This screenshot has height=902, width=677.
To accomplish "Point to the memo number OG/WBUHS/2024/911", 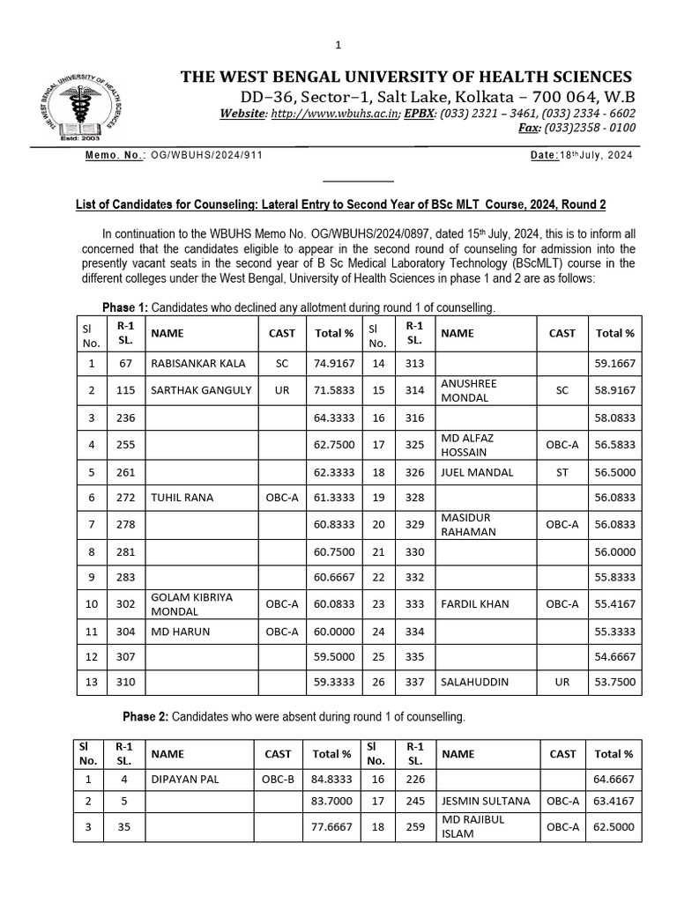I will [207, 154].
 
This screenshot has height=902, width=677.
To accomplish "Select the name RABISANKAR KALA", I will [198, 363].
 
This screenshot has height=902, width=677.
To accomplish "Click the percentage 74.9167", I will [334, 363].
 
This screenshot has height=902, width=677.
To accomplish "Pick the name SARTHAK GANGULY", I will [201, 389].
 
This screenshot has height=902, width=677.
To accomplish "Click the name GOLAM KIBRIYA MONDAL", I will [192, 603].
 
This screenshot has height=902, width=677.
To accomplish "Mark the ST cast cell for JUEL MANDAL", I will [562, 472].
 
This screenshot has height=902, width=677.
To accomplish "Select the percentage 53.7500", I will [614, 681].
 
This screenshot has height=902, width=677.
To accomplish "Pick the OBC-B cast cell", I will [278, 779].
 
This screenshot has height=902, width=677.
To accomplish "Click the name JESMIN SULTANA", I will [486, 801].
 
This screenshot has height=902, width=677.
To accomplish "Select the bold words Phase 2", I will [145, 717].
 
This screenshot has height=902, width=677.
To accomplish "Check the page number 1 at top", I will [338, 45].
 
